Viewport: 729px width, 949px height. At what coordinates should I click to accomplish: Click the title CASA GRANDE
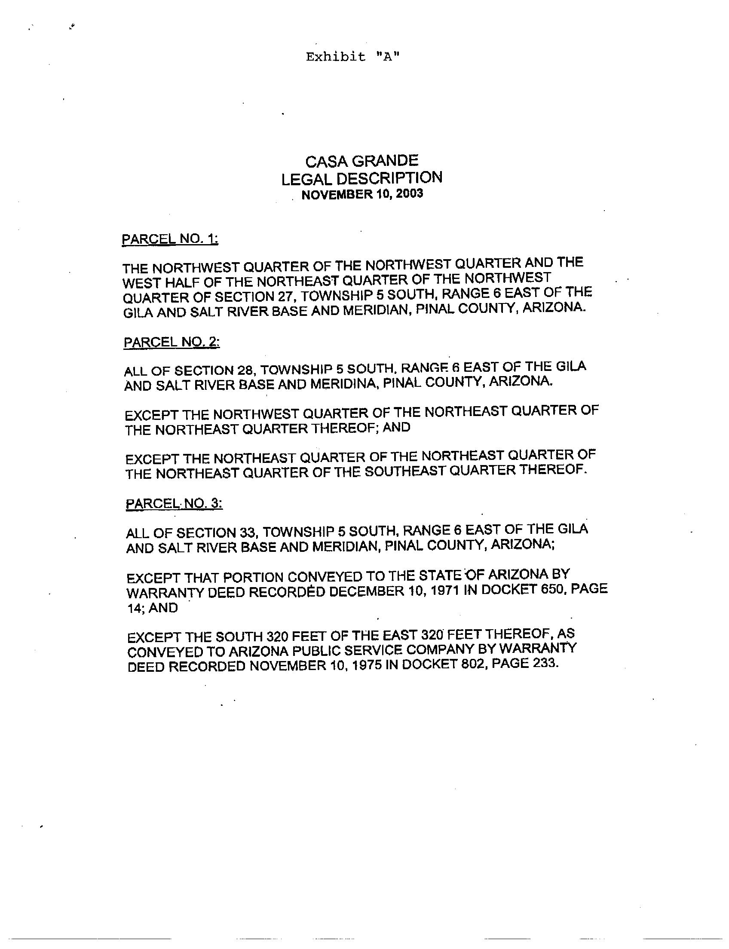362,162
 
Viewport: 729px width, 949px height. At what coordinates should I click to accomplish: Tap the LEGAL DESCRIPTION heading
362,178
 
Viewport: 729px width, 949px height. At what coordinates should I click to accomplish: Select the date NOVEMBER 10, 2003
362,194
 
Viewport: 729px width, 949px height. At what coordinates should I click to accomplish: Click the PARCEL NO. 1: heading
170,239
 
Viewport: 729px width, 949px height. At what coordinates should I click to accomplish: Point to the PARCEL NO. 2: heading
172,343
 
